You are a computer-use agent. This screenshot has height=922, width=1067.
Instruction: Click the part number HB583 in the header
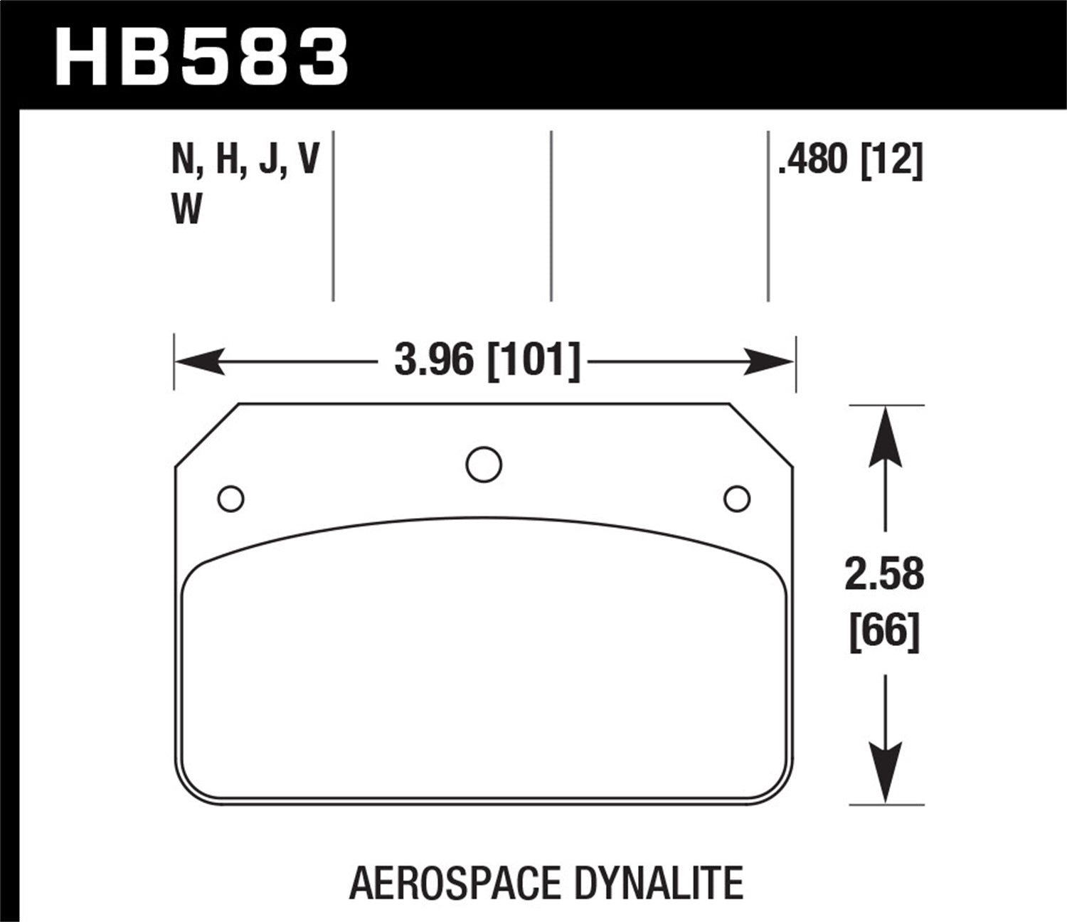[x=202, y=57]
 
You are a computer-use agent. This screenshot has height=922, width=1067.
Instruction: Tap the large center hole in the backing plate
[x=484, y=464]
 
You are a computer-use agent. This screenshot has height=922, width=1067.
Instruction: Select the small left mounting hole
[x=230, y=499]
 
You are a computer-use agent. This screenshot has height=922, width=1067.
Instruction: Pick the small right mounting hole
[x=737, y=499]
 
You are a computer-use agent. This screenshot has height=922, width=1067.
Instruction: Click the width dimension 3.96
[x=434, y=361]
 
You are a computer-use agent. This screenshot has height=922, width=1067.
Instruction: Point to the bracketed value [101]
[x=533, y=361]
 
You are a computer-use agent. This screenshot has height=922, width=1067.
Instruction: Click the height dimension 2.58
[x=884, y=575]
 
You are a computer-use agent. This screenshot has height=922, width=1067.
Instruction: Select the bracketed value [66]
[x=884, y=630]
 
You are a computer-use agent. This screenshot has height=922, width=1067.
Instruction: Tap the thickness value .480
[x=814, y=160]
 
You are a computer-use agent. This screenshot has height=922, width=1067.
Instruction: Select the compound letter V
[x=308, y=160]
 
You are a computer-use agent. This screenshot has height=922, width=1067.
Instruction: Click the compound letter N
[x=184, y=160]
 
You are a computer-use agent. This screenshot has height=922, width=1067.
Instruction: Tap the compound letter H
[x=227, y=160]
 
